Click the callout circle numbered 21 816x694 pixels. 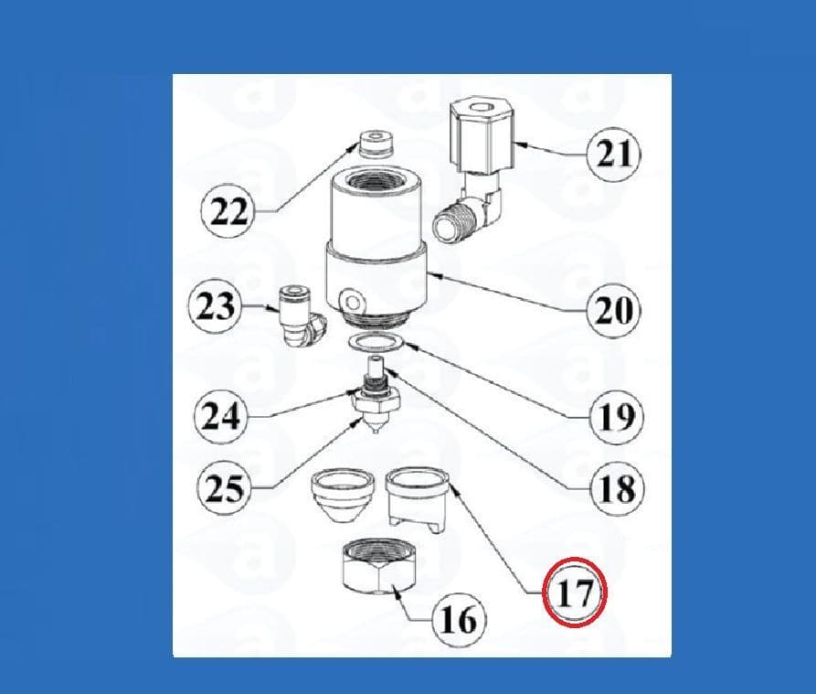pos(613,155)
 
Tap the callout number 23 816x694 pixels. pos(216,306)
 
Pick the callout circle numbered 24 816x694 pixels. pos(220,416)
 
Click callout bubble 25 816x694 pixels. pos(224,488)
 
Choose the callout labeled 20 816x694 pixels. pos(614,310)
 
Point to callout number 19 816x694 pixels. pos(617,417)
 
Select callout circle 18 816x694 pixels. pos(617,488)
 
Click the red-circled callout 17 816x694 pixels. pos(575,592)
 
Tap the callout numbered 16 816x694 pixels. pos(459,620)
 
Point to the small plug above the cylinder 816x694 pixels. pos(376,143)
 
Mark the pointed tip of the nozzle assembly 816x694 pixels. pos(376,432)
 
